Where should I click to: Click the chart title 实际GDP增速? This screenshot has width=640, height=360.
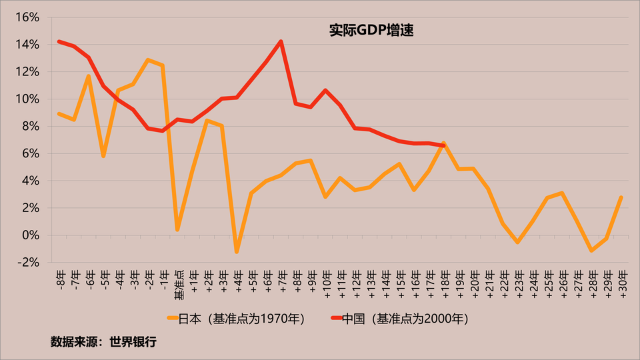click(371, 30)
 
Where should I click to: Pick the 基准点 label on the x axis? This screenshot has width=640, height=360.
click(178, 284)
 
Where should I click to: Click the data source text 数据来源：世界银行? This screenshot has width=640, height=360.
click(103, 342)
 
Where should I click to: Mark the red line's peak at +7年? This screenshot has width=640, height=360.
click(281, 41)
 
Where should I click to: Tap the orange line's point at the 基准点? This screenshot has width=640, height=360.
click(177, 229)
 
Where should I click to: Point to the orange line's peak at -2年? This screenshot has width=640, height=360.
click(148, 60)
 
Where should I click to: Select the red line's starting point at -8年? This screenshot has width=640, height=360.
click(59, 41)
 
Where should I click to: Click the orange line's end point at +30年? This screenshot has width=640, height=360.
click(621, 197)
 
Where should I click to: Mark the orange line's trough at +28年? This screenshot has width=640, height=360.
click(591, 251)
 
